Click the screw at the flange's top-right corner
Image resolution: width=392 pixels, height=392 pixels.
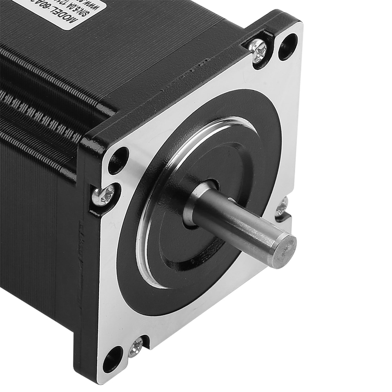(x=258, y=51)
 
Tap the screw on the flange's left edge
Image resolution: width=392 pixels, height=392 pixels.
(x=103, y=194)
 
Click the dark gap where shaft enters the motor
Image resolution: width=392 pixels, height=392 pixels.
(x=212, y=184)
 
